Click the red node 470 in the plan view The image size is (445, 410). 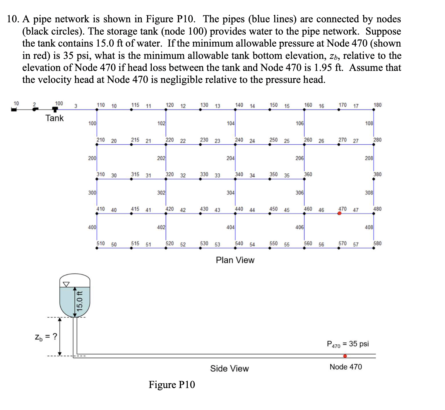tap(339, 213)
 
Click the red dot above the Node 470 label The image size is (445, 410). tap(345, 356)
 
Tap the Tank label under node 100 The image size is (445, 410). tap(54, 118)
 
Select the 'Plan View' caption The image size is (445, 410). tap(235, 260)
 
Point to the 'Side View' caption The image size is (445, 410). tap(229, 368)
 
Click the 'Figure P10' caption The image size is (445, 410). tap(172, 385)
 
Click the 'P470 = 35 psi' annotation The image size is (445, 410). tap(348, 344)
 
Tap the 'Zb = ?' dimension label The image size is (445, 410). tap(46, 337)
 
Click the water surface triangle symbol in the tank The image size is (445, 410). tap(66, 284)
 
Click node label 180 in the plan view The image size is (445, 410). tap(377, 105)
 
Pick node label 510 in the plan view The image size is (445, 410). tap(101, 243)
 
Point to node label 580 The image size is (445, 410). tap(377, 243)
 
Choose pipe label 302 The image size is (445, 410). tap(161, 193)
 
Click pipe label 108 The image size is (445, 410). tap(369, 123)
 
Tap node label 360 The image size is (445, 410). tap(308, 174)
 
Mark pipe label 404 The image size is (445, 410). tap(230, 227)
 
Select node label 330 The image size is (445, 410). tap(204, 174)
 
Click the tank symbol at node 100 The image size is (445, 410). tap(55, 109)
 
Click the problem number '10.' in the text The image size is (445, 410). tap(13, 19)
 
